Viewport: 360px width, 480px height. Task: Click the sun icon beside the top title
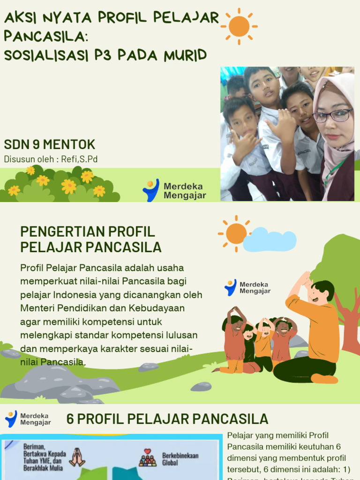coord(239,26)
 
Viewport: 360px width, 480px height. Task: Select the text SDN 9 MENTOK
coord(50,144)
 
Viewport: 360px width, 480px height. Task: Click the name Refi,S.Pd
coord(79,159)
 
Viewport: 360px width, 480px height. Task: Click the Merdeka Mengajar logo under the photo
coord(174,190)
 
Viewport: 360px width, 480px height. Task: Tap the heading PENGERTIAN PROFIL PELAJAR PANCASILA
coord(91,239)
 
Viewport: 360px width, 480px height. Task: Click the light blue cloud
coord(270,240)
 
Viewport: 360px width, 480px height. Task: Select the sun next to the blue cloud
coord(236,233)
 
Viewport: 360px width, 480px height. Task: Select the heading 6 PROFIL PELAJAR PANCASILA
coord(167,419)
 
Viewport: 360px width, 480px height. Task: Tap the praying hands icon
coord(77,457)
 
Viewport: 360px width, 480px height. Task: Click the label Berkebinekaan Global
coord(180,459)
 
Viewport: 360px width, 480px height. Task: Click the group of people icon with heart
coord(148,458)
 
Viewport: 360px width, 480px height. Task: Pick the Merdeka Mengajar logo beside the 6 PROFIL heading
coord(28,419)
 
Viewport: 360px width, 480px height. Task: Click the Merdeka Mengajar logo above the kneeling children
coord(247,287)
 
